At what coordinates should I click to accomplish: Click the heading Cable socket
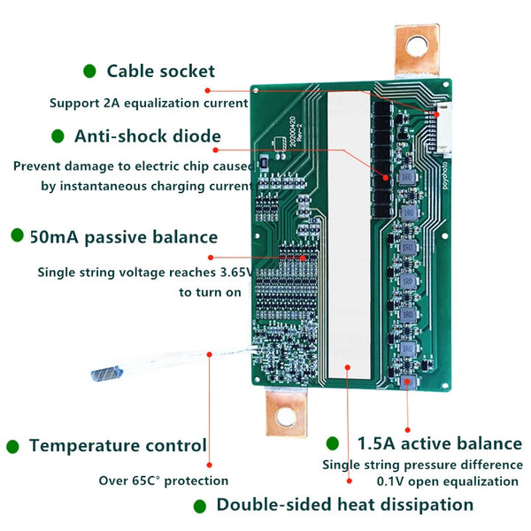click(x=160, y=71)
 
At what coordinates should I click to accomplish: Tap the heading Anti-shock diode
click(x=148, y=136)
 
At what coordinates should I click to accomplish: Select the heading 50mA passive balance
click(x=124, y=236)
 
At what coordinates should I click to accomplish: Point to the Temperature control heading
click(x=118, y=445)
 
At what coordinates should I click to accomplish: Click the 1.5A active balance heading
click(x=440, y=443)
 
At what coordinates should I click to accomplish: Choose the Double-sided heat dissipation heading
click(x=345, y=504)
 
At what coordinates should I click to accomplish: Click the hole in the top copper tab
click(x=417, y=46)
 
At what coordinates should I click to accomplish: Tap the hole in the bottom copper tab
click(x=286, y=416)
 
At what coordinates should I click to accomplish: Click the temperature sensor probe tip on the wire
click(x=106, y=373)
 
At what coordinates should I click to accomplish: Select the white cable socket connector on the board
click(x=443, y=130)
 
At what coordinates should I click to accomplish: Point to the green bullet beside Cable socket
click(x=89, y=71)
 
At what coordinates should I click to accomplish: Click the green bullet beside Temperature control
click(x=12, y=447)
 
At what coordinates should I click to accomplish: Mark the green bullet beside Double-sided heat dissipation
click(x=200, y=506)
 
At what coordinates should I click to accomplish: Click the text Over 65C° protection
click(x=164, y=481)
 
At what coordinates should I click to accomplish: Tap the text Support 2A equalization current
click(x=149, y=103)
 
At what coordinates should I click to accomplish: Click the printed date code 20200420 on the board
click(x=293, y=132)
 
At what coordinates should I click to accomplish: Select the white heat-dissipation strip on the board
click(x=349, y=235)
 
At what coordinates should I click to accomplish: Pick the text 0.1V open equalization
click(x=447, y=481)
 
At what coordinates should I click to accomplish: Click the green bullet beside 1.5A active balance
click(x=333, y=443)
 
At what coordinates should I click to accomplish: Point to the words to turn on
click(x=210, y=292)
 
